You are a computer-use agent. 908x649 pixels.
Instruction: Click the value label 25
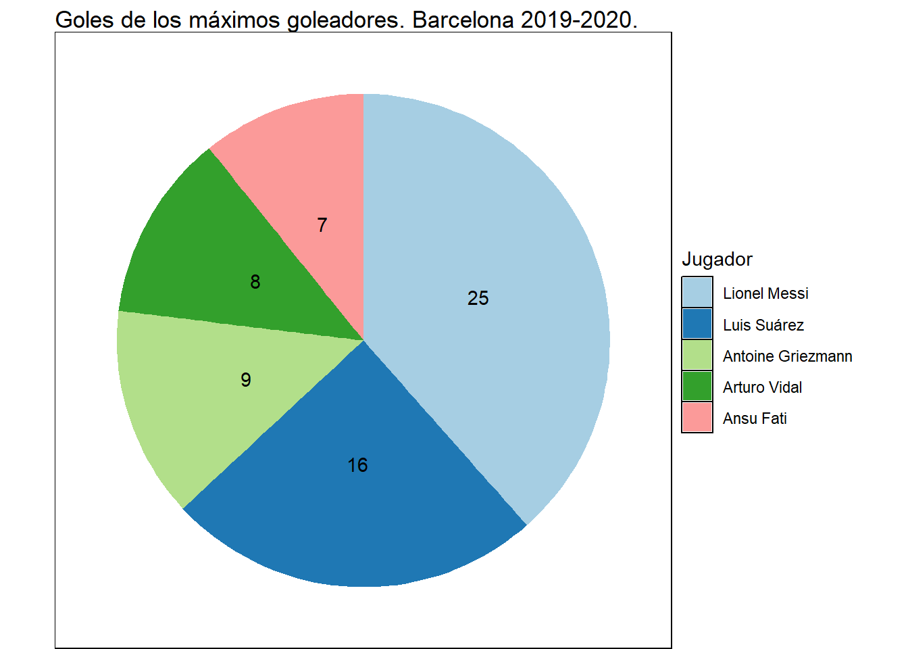478,298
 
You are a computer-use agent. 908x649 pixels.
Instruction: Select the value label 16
357,465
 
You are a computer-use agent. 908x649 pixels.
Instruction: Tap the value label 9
246,380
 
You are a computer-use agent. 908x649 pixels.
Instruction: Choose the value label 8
255,282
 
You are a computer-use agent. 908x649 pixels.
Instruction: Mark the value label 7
322,225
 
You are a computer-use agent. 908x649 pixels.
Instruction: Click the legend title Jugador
717,260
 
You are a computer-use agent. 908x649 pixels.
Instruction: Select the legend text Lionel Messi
765,293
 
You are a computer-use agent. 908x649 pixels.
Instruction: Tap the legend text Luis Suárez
763,325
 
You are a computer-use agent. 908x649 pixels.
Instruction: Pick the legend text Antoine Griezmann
787,356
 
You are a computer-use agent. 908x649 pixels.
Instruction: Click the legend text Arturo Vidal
762,387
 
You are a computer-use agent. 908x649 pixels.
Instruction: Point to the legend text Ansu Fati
755,418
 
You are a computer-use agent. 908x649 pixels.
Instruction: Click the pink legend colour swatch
697,417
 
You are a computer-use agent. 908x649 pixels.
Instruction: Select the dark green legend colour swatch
697,386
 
